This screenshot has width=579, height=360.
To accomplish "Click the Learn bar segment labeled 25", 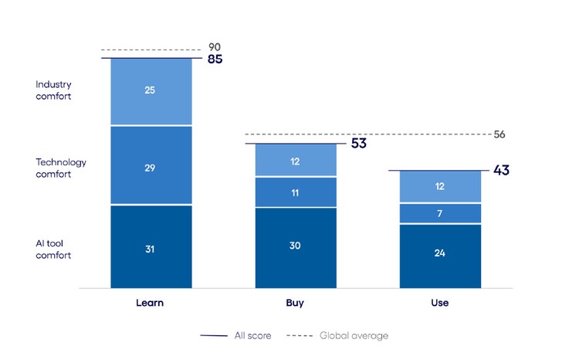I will pyautogui.click(x=151, y=91).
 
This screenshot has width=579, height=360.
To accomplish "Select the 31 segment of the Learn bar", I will pyautogui.click(x=151, y=247).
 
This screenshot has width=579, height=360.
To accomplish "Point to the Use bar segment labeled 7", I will pyautogui.click(x=439, y=213).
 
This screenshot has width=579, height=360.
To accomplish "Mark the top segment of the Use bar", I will pyautogui.click(x=439, y=187).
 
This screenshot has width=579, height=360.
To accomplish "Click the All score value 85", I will pyautogui.click(x=215, y=59).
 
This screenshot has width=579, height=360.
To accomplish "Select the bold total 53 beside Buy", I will pyautogui.click(x=358, y=144).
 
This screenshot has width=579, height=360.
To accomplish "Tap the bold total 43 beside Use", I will pyautogui.click(x=501, y=171).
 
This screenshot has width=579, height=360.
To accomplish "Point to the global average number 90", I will pyautogui.click(x=215, y=47).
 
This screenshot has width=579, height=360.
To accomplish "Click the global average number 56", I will pyautogui.click(x=499, y=134).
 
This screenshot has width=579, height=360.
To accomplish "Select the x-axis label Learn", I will pyautogui.click(x=151, y=303).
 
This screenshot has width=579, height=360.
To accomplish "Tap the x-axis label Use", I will pyautogui.click(x=439, y=303).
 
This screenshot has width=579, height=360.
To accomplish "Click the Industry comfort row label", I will pyautogui.click(x=53, y=90).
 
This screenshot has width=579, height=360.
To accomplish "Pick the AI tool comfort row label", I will pyautogui.click(x=53, y=249).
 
